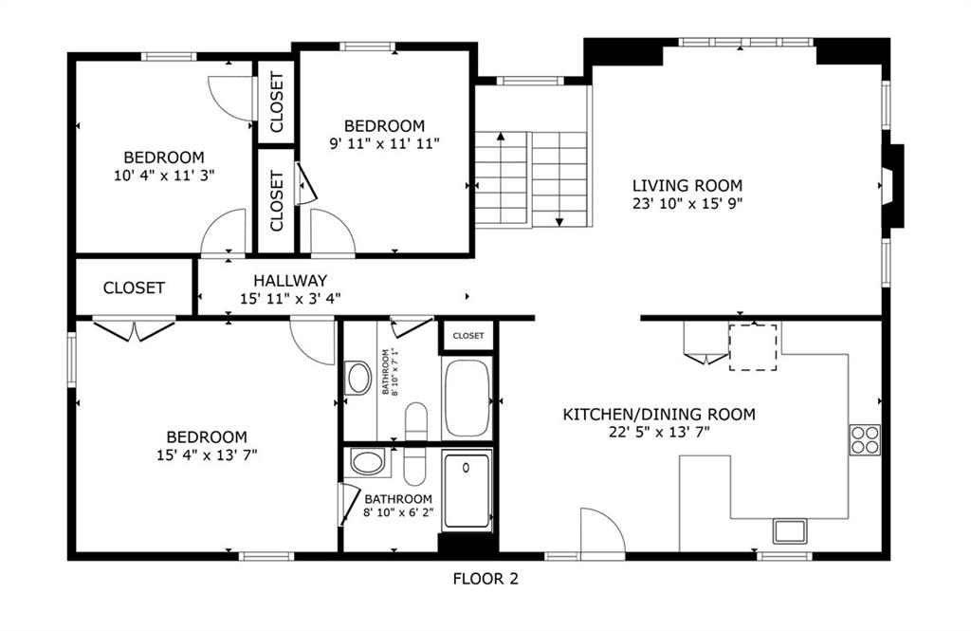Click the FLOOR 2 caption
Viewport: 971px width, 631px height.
485,579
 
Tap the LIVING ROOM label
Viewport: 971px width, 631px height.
687,185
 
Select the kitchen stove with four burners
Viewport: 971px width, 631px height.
865,439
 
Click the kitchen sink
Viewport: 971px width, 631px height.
790,531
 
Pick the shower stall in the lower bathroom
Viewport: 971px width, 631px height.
467,491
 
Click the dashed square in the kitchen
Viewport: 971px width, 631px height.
753,347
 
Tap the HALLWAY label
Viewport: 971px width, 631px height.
290,280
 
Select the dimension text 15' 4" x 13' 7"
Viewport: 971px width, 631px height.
207,455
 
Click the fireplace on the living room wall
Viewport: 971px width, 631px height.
892,186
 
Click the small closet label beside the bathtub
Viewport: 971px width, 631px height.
468,336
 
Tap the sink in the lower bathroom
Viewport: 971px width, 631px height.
368,462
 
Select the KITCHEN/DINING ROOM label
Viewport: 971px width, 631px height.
659,414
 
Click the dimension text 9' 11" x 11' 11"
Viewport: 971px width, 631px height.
385,144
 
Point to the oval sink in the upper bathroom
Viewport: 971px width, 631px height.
358,378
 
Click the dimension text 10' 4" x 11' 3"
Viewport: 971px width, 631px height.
164,176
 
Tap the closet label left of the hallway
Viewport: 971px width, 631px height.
134,288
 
